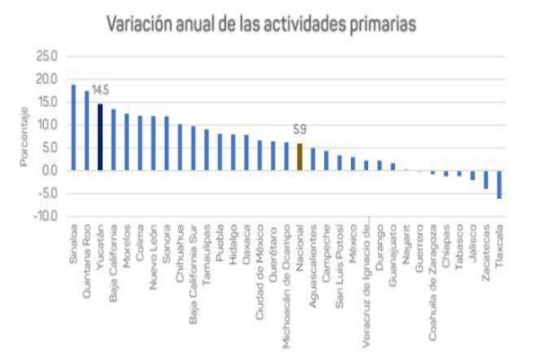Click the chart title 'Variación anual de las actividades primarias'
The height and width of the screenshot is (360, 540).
(262, 24)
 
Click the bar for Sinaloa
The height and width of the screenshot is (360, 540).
(74, 127)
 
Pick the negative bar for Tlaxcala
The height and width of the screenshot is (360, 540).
(499, 184)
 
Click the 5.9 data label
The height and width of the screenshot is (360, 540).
(299, 130)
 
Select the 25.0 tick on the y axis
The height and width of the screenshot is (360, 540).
(48, 56)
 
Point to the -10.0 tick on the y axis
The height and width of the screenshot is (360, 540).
(46, 217)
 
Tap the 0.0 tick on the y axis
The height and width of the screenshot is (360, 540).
(50, 171)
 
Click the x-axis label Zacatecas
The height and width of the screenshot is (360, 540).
(486, 248)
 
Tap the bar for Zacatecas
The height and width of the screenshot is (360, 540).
(485, 179)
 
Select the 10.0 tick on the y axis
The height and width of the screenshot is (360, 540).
(48, 125)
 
